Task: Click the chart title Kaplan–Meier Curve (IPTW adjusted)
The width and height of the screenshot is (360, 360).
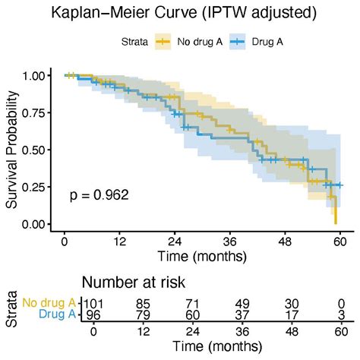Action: pyautogui.click(x=179, y=13)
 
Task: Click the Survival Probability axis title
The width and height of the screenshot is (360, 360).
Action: pyautogui.click(x=12, y=150)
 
